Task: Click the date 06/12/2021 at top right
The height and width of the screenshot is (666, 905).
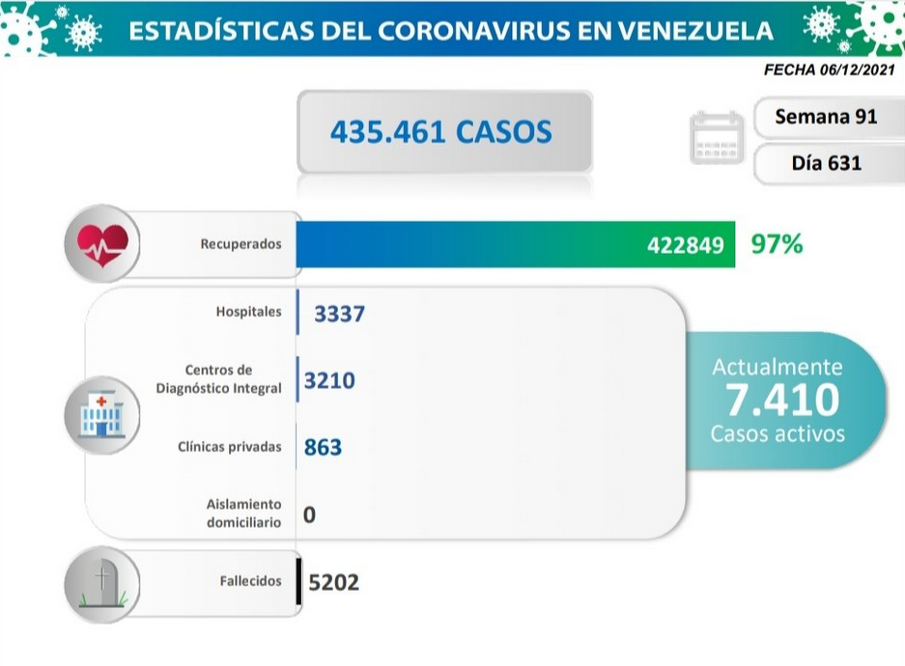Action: [x=857, y=69]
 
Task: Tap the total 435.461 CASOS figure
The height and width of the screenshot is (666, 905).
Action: [x=441, y=131]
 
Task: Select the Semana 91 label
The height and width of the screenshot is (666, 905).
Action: [x=826, y=117]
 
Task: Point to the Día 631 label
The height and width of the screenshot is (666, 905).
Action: [x=827, y=163]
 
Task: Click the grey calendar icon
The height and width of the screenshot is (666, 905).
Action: [x=717, y=138]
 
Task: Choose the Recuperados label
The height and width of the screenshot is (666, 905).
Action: [x=240, y=244]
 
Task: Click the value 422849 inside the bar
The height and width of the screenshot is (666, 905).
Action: [x=685, y=245]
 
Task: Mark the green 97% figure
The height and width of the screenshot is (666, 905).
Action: [x=777, y=244]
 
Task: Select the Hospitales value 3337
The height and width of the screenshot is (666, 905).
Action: [x=339, y=314]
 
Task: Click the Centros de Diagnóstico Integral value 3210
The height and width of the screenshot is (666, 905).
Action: [x=329, y=380]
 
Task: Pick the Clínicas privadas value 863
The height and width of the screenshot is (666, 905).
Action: [x=323, y=448]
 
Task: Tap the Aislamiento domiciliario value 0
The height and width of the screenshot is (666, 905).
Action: [x=309, y=514]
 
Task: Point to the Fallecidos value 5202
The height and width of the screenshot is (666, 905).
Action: [x=333, y=582]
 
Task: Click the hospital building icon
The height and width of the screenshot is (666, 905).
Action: [x=102, y=415]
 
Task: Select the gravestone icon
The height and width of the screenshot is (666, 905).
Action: [x=102, y=584]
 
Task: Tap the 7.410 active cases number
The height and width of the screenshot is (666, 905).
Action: [x=782, y=400]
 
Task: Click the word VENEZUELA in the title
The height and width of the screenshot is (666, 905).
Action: [x=695, y=31]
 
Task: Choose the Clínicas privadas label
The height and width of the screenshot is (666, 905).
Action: [x=230, y=447]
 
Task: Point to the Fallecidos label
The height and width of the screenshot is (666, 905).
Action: [x=250, y=581]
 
